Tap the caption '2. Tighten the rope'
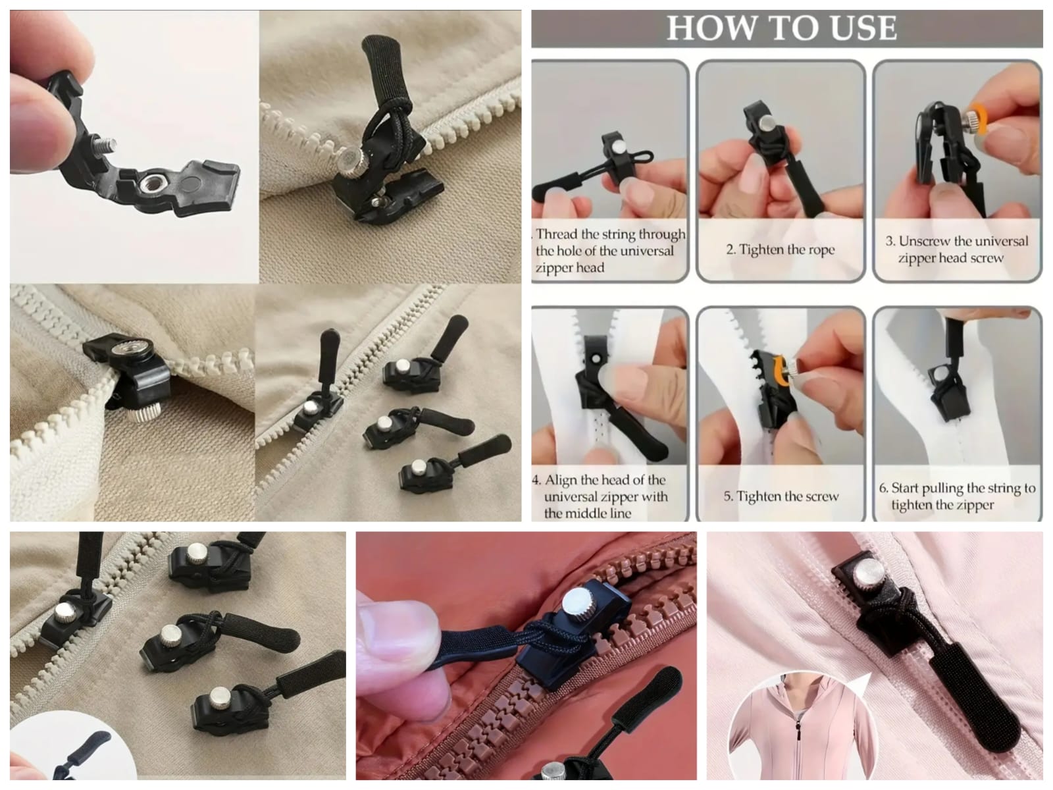[x=781, y=250]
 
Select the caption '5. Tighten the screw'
[x=781, y=496]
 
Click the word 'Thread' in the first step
[x=557, y=234]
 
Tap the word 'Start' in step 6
[x=905, y=488]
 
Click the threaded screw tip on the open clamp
[x=106, y=144]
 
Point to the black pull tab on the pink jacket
[x=974, y=702]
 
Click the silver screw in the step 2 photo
[x=769, y=123]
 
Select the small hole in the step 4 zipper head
[x=596, y=358]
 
